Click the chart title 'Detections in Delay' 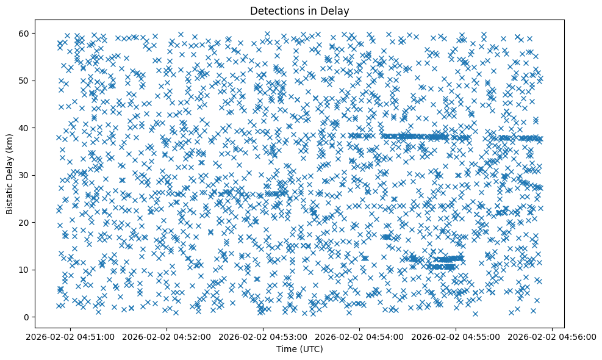click(300, 10)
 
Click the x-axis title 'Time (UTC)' click(300, 349)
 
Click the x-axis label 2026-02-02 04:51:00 click(70, 336)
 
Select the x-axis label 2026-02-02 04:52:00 click(167, 336)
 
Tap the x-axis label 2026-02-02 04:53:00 click(263, 336)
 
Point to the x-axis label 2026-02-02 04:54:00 click(359, 336)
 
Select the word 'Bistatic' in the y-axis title click(10, 196)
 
